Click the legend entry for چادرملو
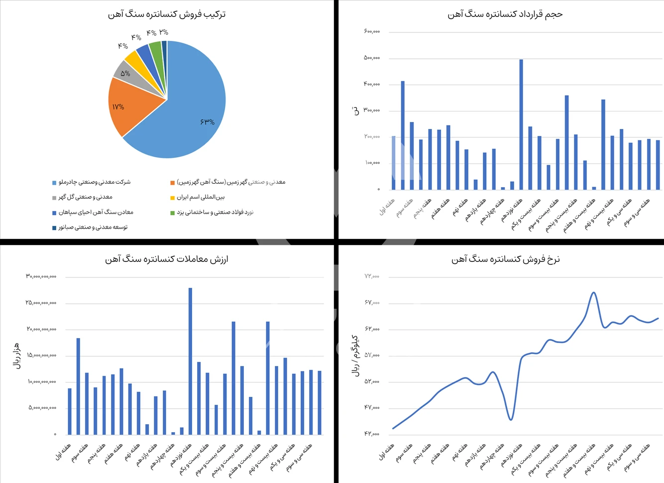(x=95, y=182)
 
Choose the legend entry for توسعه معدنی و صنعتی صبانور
(x=93, y=228)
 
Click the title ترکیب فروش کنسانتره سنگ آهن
(x=167, y=14)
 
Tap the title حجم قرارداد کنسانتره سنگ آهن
(x=505, y=14)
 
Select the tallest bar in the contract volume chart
(x=521, y=124)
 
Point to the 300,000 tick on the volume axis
(x=372, y=110)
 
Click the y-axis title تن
(x=355, y=111)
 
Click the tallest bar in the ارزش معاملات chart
(x=190, y=361)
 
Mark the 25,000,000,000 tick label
(x=41, y=302)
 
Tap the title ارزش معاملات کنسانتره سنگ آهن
(x=167, y=259)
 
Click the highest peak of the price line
(x=593, y=292)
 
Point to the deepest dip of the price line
(x=511, y=419)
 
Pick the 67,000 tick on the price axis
(x=372, y=302)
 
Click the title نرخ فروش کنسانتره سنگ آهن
(x=505, y=259)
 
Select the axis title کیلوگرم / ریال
(x=355, y=356)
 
